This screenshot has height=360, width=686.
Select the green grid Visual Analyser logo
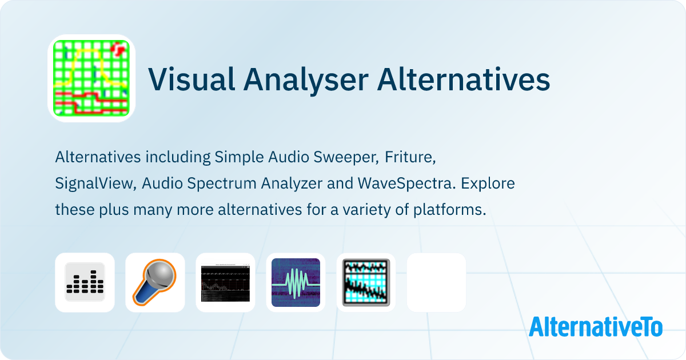tap(91, 78)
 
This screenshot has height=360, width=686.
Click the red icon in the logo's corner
tap(118, 49)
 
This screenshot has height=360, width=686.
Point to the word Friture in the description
tap(410, 156)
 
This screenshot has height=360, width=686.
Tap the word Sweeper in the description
tap(347, 156)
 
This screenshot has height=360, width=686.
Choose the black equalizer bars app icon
tap(85, 282)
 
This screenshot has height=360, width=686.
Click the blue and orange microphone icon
tap(155, 282)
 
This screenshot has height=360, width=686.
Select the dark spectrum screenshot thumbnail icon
tap(225, 282)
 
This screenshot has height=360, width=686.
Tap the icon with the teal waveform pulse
tap(296, 282)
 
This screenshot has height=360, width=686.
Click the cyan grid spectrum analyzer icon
tap(366, 282)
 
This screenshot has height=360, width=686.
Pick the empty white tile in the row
tap(436, 282)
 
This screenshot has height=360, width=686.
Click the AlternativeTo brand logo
tap(595, 326)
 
